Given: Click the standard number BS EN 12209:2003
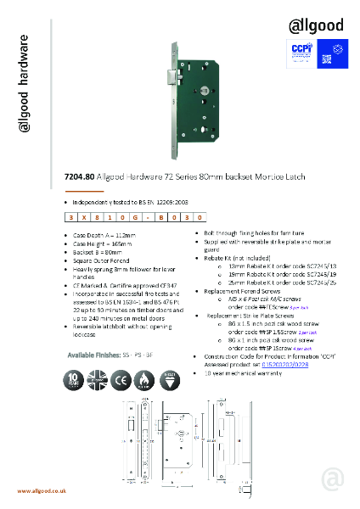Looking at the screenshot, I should [152, 204].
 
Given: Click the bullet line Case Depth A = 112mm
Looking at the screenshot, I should [98, 234].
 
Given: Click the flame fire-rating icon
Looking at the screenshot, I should [147, 378].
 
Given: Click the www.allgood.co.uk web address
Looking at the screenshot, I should [42, 491].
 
